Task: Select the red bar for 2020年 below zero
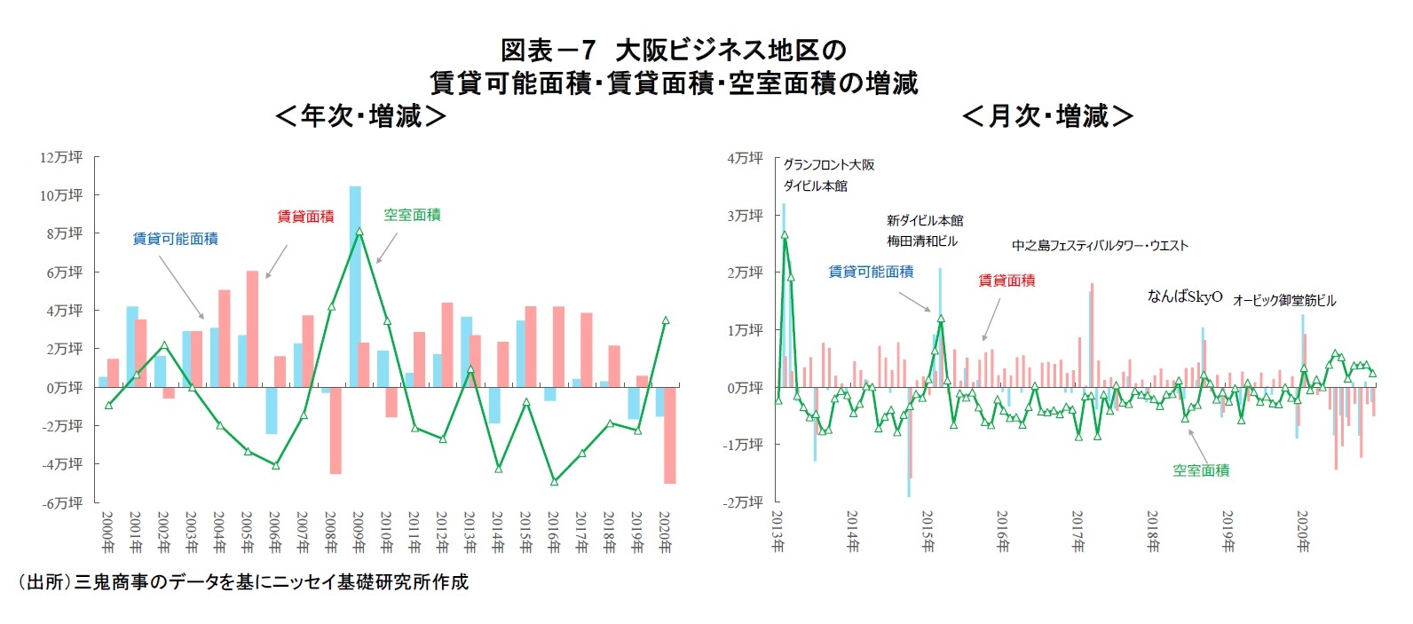click(x=669, y=435)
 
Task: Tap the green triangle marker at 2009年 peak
click(x=359, y=232)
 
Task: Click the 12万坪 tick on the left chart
click(x=61, y=157)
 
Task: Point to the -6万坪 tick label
click(x=61, y=502)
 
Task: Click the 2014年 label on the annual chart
click(x=497, y=532)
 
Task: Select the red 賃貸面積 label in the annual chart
click(x=305, y=216)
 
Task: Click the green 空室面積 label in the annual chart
click(x=412, y=214)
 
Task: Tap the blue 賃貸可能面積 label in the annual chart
click(x=175, y=238)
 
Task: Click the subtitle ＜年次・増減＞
click(x=360, y=116)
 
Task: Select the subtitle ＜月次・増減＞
click(x=1047, y=116)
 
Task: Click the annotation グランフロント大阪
click(x=828, y=164)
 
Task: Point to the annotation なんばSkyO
click(x=1184, y=296)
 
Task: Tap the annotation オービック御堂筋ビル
click(x=1283, y=300)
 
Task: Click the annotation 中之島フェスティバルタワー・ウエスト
click(x=1099, y=245)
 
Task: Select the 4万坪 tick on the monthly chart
click(x=745, y=158)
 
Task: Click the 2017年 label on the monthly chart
click(x=1078, y=532)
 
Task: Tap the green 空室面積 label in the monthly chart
click(x=1201, y=470)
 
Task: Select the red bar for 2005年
click(x=252, y=328)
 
